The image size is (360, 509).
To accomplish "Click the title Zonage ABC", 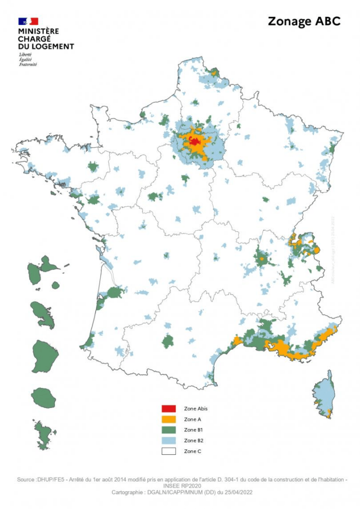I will (x=304, y=21).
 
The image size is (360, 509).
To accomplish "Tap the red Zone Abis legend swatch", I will (x=169, y=409).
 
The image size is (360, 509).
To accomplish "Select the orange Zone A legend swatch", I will (x=169, y=419).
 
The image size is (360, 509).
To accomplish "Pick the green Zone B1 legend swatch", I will (x=169, y=429).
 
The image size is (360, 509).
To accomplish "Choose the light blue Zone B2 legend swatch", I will (x=169, y=440).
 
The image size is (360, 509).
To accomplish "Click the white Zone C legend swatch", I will (x=169, y=451).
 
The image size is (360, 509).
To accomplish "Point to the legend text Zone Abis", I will (x=195, y=409).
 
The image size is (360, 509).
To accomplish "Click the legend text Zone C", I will (x=192, y=451).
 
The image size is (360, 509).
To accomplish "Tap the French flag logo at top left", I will (x=28, y=21).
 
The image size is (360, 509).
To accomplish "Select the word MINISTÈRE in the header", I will (x=38, y=31).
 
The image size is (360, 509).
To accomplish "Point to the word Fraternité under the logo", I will (x=28, y=64).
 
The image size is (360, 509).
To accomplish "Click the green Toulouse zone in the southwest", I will (x=168, y=341).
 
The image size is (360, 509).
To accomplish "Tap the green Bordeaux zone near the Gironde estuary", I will (x=114, y=292).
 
